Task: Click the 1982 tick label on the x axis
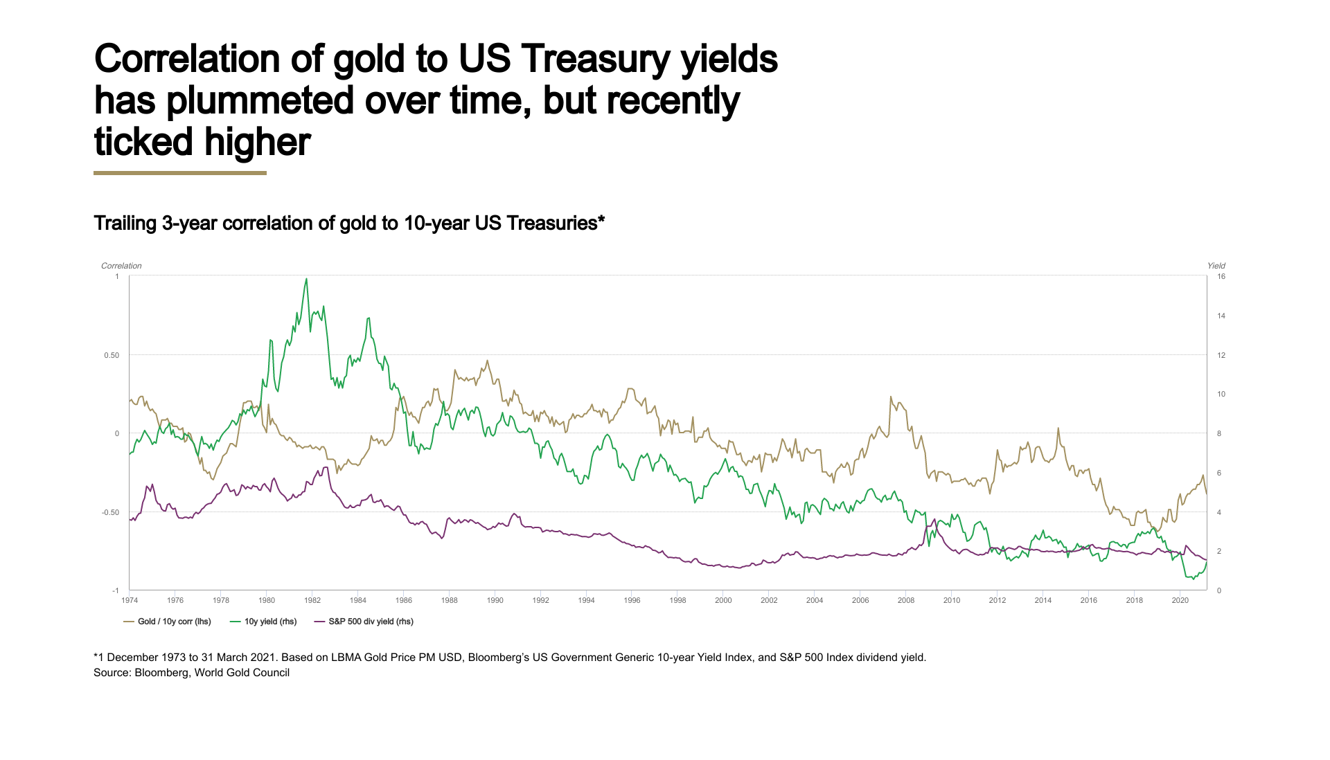(x=312, y=600)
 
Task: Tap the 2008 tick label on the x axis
(x=905, y=600)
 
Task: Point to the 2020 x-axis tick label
(x=1180, y=600)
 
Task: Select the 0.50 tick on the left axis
(x=112, y=355)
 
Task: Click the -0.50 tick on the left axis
(x=110, y=512)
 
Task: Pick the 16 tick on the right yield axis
(x=1221, y=276)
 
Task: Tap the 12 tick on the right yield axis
(x=1221, y=355)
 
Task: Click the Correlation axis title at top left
(x=121, y=266)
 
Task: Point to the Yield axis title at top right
(x=1216, y=266)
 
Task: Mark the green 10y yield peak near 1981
(x=306, y=280)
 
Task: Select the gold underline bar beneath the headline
(x=180, y=173)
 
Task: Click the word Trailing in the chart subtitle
(x=125, y=224)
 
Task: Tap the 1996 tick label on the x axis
(x=632, y=600)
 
